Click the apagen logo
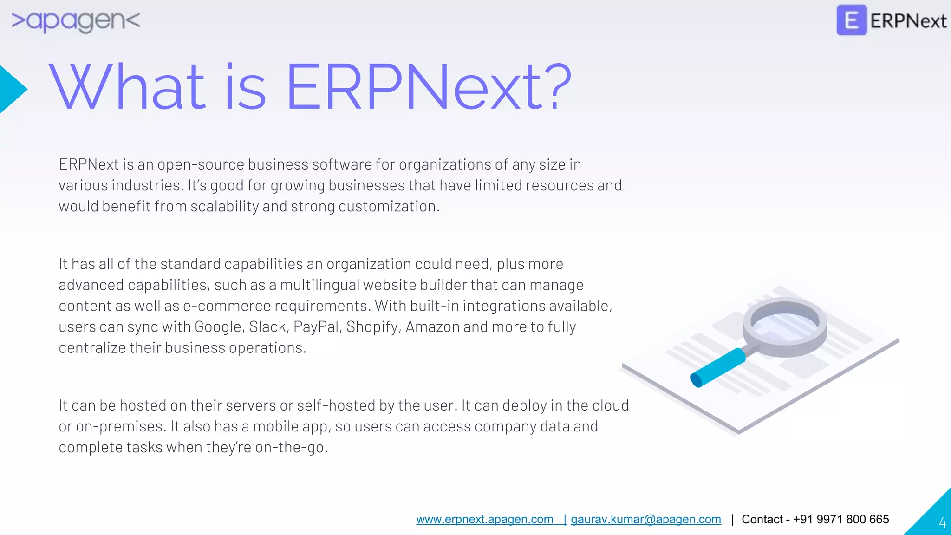click(x=76, y=21)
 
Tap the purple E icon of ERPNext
click(x=851, y=20)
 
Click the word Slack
click(x=268, y=326)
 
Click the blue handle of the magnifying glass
click(x=718, y=367)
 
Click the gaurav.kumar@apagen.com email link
click(x=645, y=519)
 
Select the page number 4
click(x=942, y=523)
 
